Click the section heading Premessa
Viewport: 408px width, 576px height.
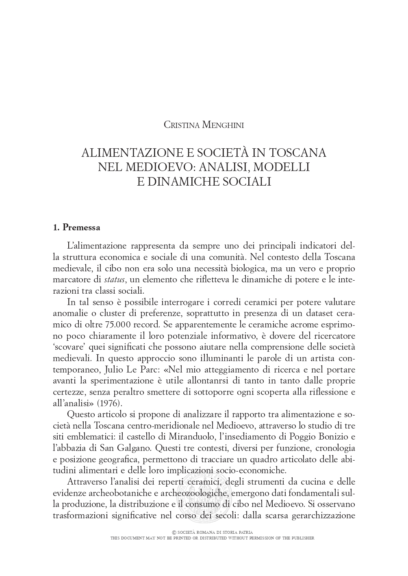point(81,227)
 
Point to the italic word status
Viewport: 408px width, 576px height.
point(115,279)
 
